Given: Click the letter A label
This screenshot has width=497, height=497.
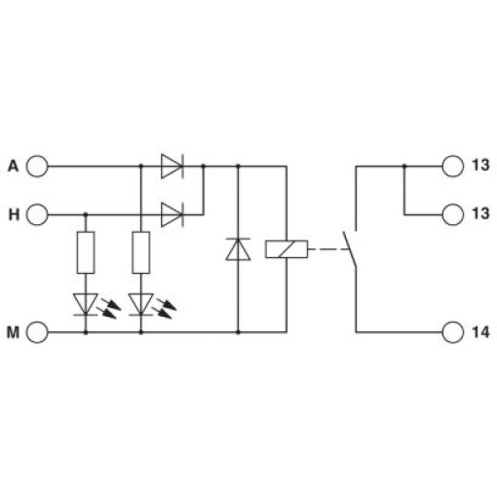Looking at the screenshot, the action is pyautogui.click(x=14, y=166).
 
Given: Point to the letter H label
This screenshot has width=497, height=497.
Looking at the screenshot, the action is pyautogui.click(x=14, y=214).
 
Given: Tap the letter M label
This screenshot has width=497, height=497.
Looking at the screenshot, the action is pyautogui.click(x=13, y=332).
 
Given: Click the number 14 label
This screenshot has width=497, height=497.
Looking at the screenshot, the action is pyautogui.click(x=480, y=332).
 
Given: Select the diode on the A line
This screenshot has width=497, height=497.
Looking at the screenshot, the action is pyautogui.click(x=172, y=166).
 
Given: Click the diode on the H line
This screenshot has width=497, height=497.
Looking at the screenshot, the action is pyautogui.click(x=172, y=214).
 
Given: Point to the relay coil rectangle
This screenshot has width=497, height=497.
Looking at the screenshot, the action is pyautogui.click(x=287, y=249).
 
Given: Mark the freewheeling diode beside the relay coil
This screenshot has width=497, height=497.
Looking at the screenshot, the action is pyautogui.click(x=238, y=249).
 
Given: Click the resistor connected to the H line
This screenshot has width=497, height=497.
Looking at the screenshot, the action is pyautogui.click(x=86, y=252).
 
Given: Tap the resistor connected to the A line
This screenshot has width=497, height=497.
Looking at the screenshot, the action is pyautogui.click(x=141, y=252).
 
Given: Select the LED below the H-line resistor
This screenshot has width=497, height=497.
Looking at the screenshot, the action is pyautogui.click(x=86, y=305).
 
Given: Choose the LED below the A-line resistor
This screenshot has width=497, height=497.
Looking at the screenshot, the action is pyautogui.click(x=141, y=305).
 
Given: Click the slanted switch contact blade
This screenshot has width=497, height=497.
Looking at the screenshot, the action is pyautogui.click(x=350, y=249).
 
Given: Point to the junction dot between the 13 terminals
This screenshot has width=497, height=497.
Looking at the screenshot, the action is pyautogui.click(x=404, y=166).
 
